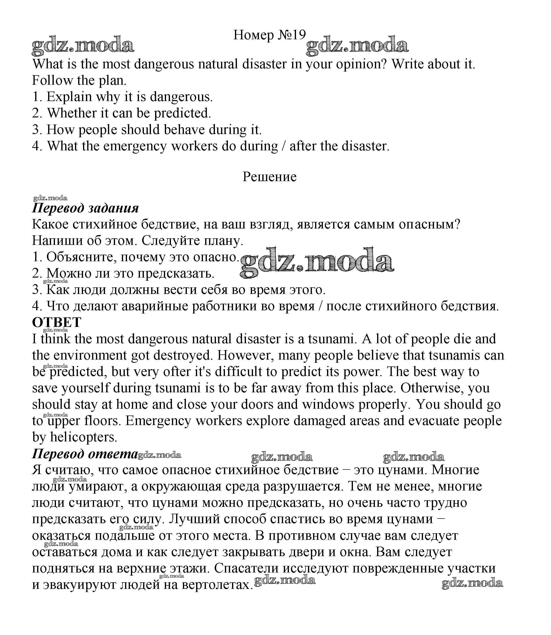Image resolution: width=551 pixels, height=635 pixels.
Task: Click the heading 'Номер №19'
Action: point(269,35)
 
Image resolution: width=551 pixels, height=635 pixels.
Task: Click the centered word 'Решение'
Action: point(269,177)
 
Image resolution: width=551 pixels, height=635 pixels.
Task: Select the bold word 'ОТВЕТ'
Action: point(57,323)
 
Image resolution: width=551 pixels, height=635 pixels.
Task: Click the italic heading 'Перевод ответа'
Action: point(85,454)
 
